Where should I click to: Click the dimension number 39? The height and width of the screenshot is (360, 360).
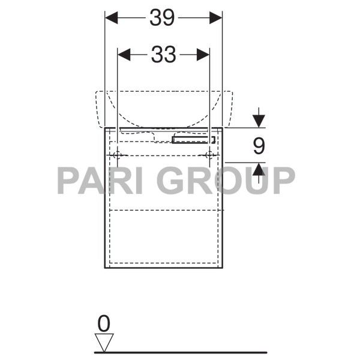pyautogui.click(x=163, y=18)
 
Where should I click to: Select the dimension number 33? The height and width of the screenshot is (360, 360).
pyautogui.click(x=163, y=55)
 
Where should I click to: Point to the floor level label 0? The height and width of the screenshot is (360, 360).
pyautogui.click(x=104, y=324)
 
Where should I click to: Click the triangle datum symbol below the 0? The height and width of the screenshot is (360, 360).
pyautogui.click(x=104, y=343)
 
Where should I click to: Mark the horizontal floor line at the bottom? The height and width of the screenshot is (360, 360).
pyautogui.click(x=180, y=352)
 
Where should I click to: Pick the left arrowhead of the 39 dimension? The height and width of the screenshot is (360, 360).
pyautogui.click(x=111, y=18)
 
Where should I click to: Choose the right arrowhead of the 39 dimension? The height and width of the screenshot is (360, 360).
pyautogui.click(x=216, y=18)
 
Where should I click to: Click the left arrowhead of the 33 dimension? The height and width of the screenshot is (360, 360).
pyautogui.click(x=124, y=55)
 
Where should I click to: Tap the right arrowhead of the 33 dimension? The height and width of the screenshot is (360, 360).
pyautogui.click(x=203, y=55)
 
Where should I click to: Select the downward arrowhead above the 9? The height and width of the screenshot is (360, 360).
pyautogui.click(x=259, y=121)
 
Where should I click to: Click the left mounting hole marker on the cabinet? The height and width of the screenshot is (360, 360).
pyautogui.click(x=118, y=155)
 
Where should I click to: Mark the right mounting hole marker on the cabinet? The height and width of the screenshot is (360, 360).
pyautogui.click(x=209, y=155)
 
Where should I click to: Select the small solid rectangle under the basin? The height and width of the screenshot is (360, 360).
pyautogui.click(x=193, y=139)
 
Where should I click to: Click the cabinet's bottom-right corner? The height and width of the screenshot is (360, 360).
pyautogui.click(x=223, y=268)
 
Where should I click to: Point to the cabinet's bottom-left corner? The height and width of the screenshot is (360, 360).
pyautogui.click(x=105, y=268)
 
